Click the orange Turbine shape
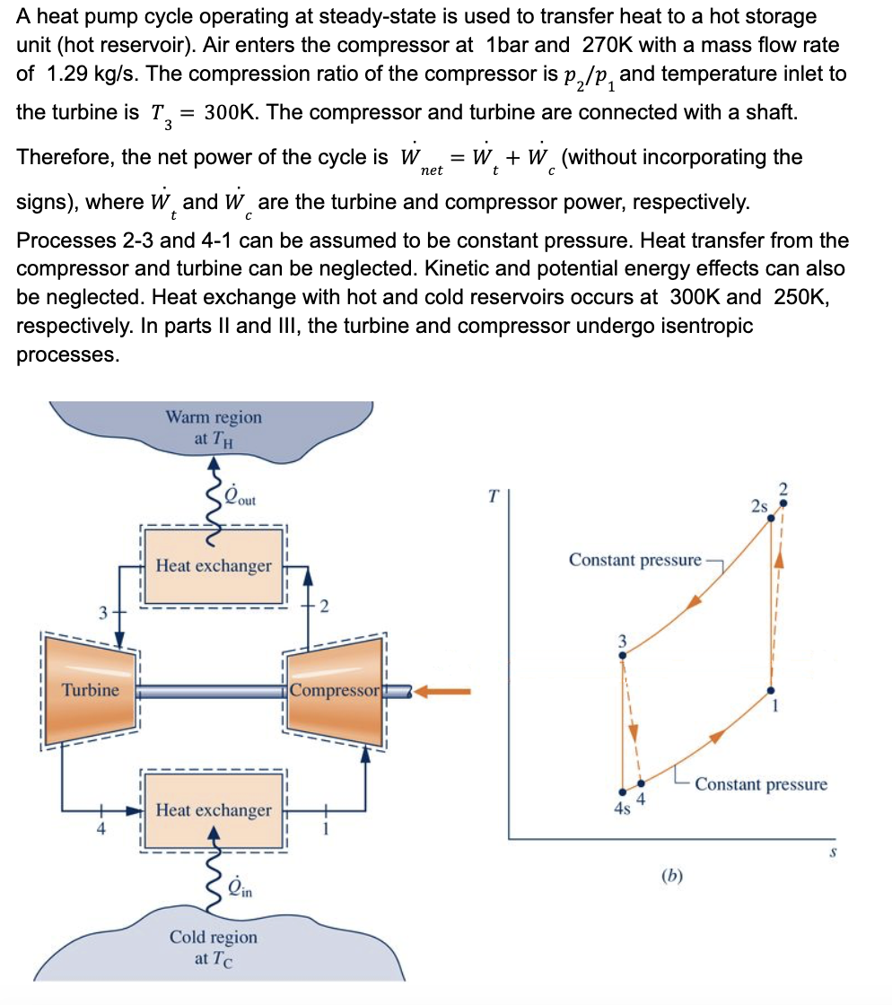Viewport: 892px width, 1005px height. pos(90,691)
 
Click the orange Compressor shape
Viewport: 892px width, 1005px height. pos(336,691)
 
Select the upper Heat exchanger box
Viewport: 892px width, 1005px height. pos(214,566)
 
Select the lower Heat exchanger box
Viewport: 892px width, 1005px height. pos(214,810)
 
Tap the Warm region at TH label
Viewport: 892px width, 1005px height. pos(214,427)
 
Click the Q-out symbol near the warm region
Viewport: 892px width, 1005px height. pos(239,499)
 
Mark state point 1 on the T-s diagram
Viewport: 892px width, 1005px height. pos(771,691)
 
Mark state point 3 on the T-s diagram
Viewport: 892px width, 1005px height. pos(622,655)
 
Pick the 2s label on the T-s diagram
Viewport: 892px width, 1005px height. pos(760,505)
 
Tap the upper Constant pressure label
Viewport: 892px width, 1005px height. pos(634,560)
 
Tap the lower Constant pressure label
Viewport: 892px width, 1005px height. pos(761,784)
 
